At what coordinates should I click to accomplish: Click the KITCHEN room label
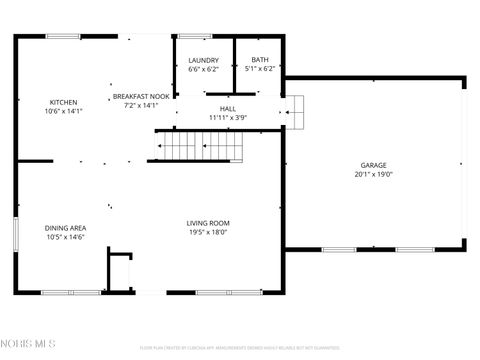(x=64, y=103)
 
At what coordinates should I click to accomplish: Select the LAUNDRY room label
(x=203, y=60)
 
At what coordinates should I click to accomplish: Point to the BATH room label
(x=260, y=60)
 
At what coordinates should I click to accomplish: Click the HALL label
(x=227, y=109)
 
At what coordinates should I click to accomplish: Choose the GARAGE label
(x=374, y=165)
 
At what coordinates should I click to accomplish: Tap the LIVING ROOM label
(x=208, y=223)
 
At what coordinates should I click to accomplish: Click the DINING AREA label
(x=65, y=228)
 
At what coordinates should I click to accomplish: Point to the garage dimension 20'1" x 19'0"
(x=374, y=174)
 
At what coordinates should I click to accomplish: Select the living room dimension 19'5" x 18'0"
(x=208, y=232)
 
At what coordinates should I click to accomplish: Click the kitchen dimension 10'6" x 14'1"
(x=64, y=112)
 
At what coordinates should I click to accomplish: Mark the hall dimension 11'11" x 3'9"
(x=227, y=118)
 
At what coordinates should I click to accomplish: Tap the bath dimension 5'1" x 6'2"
(x=260, y=69)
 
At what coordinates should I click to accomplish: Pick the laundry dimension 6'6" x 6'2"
(x=203, y=69)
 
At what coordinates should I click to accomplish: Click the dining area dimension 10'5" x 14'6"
(x=65, y=237)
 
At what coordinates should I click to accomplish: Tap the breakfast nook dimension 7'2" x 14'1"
(x=141, y=105)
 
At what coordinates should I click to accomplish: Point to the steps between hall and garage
(x=294, y=113)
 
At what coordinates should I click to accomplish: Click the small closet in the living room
(x=120, y=272)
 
